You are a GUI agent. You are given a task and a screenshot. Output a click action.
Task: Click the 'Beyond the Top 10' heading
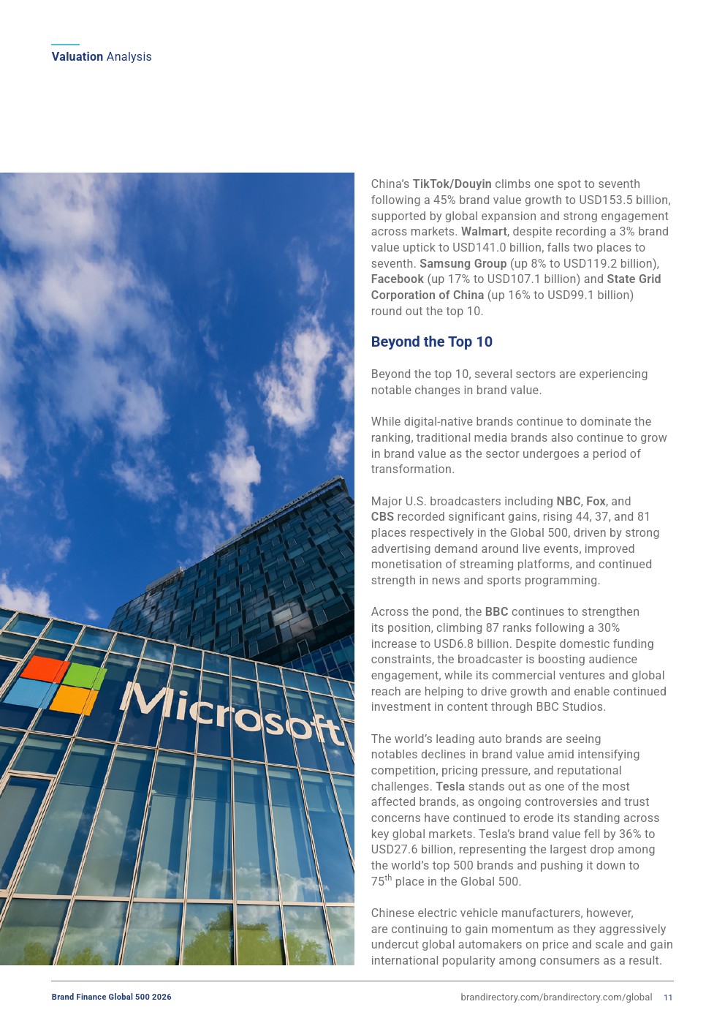[x=431, y=342]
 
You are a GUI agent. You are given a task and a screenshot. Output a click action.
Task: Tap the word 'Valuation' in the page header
[x=77, y=56]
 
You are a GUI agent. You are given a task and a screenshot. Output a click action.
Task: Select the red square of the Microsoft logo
[x=45, y=668]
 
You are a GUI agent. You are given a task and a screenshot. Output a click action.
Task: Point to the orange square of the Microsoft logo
[x=74, y=700]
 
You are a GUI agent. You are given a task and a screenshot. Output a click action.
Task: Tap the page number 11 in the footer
[x=668, y=997]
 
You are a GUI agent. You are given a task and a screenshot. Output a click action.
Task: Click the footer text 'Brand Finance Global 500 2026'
[x=111, y=997]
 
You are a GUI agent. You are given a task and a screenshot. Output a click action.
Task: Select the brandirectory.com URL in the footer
[x=555, y=997]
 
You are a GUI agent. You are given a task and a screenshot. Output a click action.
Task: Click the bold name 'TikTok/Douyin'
[x=452, y=184]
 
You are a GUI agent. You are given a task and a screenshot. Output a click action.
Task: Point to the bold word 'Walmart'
[x=484, y=232]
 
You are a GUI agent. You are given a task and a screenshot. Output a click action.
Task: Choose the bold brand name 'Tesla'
[x=450, y=786]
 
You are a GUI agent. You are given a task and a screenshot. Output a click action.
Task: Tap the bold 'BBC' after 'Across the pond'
[x=496, y=612]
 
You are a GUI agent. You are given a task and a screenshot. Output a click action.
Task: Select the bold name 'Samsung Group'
[x=463, y=263]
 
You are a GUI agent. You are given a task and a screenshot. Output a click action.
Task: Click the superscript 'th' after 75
[x=388, y=878]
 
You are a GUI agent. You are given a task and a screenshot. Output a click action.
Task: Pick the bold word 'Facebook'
[x=397, y=279]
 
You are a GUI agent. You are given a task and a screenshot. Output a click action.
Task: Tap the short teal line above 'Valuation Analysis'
[x=65, y=45]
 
